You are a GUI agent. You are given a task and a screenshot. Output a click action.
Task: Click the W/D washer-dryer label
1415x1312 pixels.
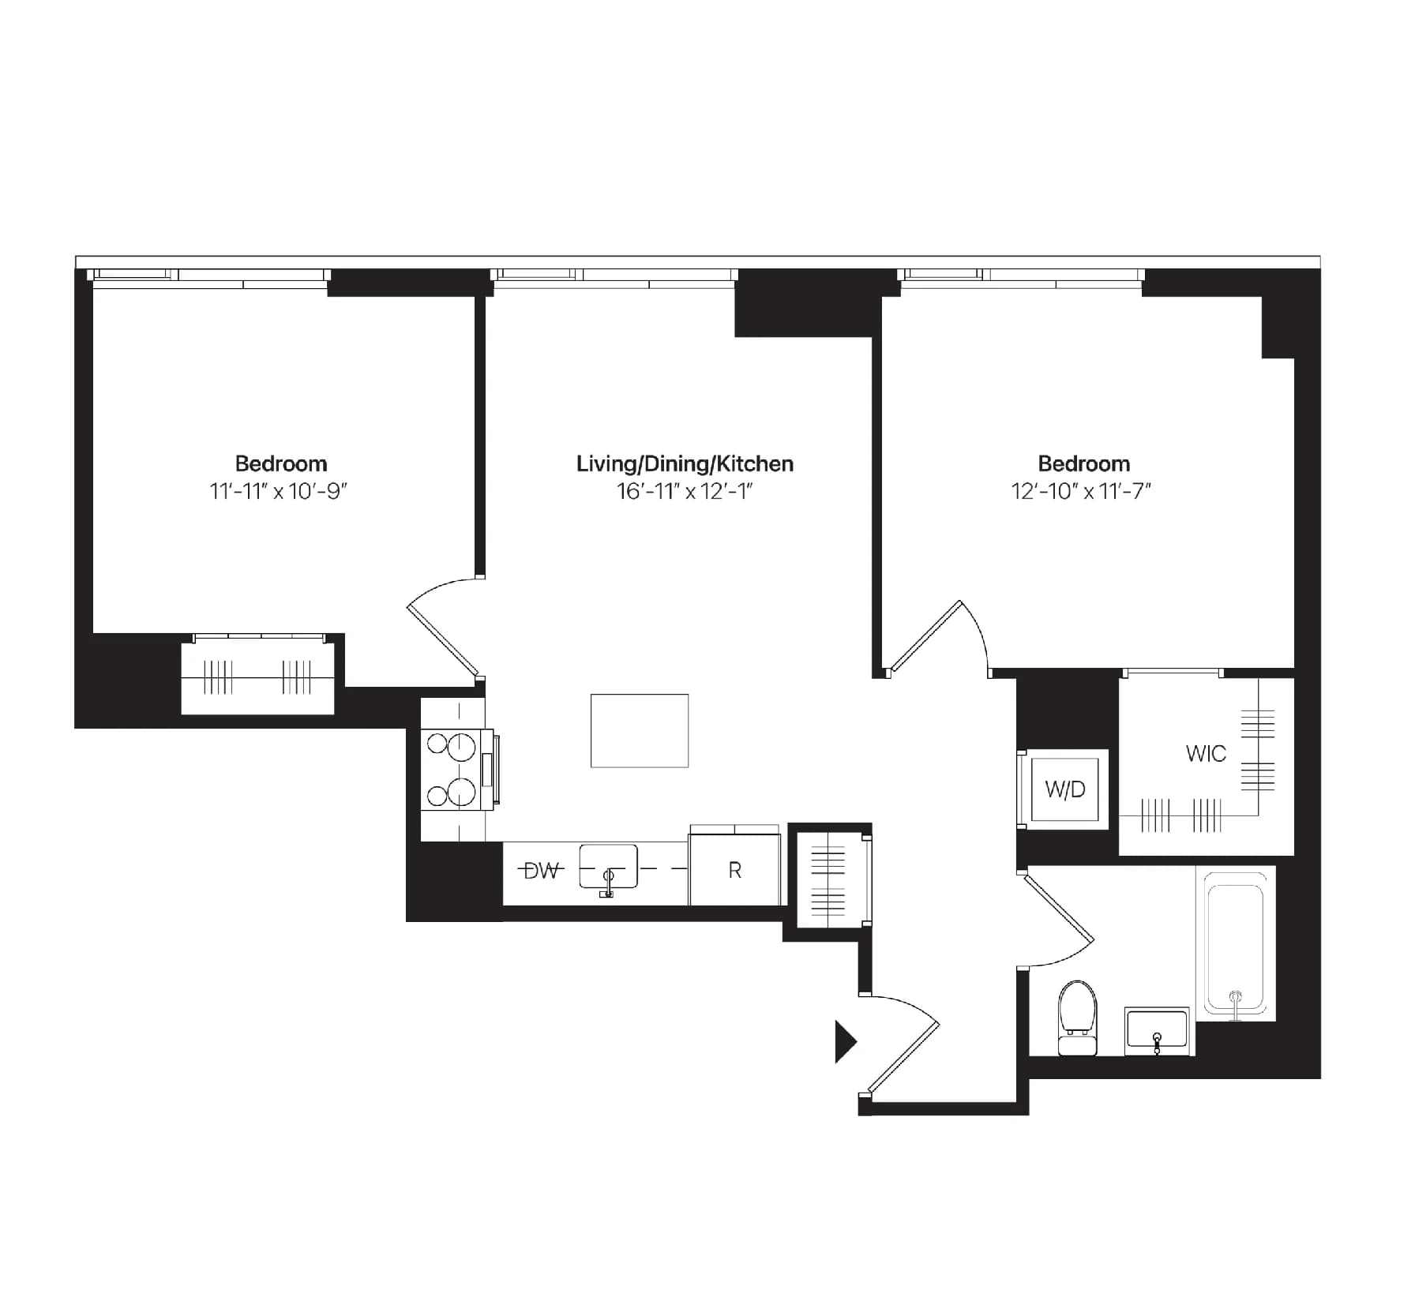point(1065,789)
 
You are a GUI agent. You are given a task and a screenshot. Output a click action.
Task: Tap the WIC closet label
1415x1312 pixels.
point(1205,753)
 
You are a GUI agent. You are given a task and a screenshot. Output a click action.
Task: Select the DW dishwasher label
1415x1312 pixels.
point(542,871)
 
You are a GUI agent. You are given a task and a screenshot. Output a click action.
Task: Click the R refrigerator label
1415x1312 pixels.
point(734,871)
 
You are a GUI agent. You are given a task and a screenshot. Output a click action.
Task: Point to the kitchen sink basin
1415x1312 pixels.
point(608,867)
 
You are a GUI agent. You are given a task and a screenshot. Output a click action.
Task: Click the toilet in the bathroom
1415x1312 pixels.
point(1078,1018)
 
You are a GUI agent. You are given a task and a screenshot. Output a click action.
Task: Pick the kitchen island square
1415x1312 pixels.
point(640,730)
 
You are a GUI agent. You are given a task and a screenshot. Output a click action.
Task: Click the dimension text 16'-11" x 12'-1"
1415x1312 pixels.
point(685,492)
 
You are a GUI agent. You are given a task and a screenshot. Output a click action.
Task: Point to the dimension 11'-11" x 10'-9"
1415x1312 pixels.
point(279,492)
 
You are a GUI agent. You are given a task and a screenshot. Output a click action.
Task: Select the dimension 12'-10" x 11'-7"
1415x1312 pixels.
point(1082,492)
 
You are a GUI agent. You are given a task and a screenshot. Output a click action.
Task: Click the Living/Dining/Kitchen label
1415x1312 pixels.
point(685,463)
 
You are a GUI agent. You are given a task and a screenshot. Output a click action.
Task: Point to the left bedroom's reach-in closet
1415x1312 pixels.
point(258,677)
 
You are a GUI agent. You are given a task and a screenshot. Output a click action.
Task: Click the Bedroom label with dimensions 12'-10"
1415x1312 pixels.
point(1083,463)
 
